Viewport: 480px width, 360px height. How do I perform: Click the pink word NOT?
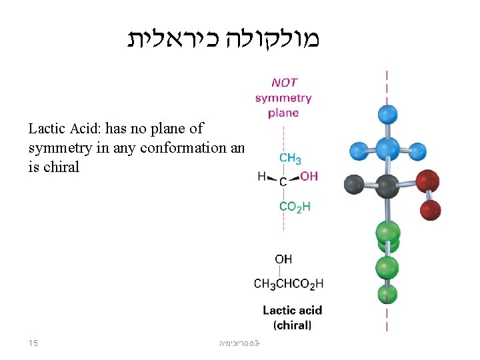[283, 83]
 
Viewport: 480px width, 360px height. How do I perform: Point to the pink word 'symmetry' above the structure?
[283, 98]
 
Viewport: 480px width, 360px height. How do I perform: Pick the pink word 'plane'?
[283, 113]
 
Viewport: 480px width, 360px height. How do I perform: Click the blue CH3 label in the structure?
[290, 159]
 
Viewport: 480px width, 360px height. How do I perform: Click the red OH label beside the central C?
[309, 177]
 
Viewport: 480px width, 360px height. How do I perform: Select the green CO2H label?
[294, 207]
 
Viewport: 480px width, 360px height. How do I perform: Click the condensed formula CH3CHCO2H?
[289, 283]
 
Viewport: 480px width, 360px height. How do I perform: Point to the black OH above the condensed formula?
[283, 259]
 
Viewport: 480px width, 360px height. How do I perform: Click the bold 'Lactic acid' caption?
[292, 310]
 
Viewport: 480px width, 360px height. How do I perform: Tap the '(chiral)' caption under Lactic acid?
[292, 325]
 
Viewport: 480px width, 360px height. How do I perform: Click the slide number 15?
[33, 343]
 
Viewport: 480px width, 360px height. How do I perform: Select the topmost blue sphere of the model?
[387, 113]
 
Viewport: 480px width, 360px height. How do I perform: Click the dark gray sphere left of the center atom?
[354, 184]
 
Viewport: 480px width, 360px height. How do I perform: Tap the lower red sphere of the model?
[430, 209]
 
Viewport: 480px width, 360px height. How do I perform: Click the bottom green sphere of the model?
[387, 294]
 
